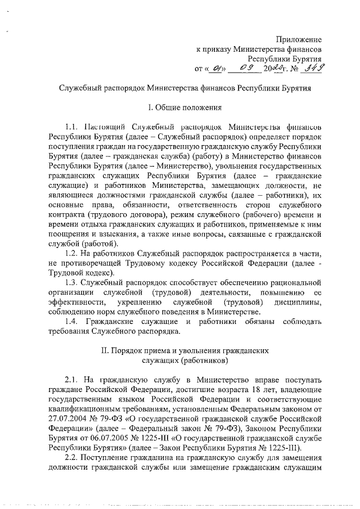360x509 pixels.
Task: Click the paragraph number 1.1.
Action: pyautogui.click(x=73, y=125)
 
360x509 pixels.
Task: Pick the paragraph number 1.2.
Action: pyautogui.click(x=73, y=254)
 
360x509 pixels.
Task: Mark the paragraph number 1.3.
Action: pyautogui.click(x=73, y=282)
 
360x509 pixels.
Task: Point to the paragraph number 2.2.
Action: pyautogui.click(x=73, y=457)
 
